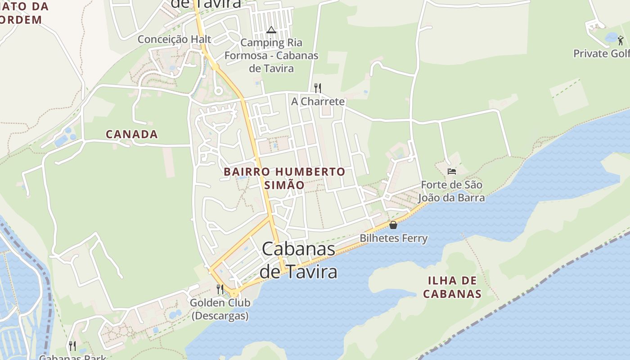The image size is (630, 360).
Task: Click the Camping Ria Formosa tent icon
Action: pyautogui.click(x=271, y=30)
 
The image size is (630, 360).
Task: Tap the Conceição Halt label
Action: pyautogui.click(x=168, y=39)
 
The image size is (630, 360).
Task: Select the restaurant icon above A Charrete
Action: pyautogui.click(x=317, y=87)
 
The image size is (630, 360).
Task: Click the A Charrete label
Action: pyautogui.click(x=318, y=101)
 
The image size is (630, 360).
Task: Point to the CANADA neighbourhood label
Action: pyautogui.click(x=132, y=134)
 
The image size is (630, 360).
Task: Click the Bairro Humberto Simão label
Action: pyautogui.click(x=284, y=178)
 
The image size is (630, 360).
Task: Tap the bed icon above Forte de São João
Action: pyautogui.click(x=452, y=171)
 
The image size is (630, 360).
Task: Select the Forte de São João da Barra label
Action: pyautogui.click(x=451, y=191)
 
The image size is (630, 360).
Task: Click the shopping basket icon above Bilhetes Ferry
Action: pyautogui.click(x=393, y=225)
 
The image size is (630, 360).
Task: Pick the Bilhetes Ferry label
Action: pyautogui.click(x=393, y=238)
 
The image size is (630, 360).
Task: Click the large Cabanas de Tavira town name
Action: pyautogui.click(x=299, y=261)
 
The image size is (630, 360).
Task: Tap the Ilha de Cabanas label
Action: pyautogui.click(x=452, y=288)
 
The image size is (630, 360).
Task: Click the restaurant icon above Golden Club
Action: pyautogui.click(x=220, y=289)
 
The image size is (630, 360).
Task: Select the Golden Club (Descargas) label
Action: pyautogui.click(x=220, y=309)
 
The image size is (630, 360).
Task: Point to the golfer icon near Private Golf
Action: pyautogui.click(x=621, y=40)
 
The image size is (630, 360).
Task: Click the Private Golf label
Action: pyautogui.click(x=601, y=54)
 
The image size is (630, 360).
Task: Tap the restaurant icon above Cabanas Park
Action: pyautogui.click(x=72, y=346)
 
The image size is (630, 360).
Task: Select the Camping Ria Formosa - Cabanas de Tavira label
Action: pyautogui.click(x=271, y=56)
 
